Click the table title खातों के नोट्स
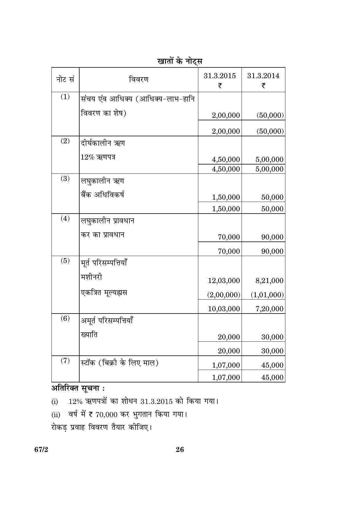tap(180, 61)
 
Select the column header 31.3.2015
tap(220, 76)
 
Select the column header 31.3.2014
tap(263, 76)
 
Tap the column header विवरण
tap(138, 79)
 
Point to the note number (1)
tap(65, 97)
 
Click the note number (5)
tap(65, 261)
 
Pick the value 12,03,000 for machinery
tap(224, 281)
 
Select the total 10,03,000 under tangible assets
tap(224, 309)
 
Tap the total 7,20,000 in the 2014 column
tap(269, 309)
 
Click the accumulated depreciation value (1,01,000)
tap(267, 295)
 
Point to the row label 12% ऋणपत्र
tap(98, 157)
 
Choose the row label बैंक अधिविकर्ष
tap(102, 195)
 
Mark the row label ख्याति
tap(89, 335)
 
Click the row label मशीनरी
tap(91, 277)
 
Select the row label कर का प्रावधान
tap(102, 235)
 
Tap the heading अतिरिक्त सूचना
tap(78, 389)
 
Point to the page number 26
tap(180, 450)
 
